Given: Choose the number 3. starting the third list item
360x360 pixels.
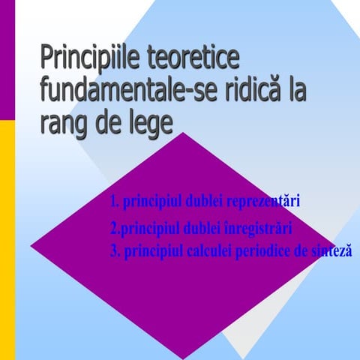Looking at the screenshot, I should pos(115,251).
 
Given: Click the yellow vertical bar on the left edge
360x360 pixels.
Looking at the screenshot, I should pos(7,240).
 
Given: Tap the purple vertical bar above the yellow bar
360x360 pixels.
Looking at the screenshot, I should pos(7,60).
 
